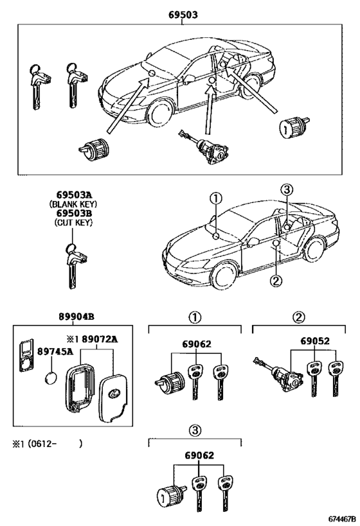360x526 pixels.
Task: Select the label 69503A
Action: [71, 194]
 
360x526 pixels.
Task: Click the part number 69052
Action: [314, 342]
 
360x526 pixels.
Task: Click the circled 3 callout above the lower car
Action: [286, 189]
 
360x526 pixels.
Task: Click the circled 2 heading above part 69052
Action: [298, 317]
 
